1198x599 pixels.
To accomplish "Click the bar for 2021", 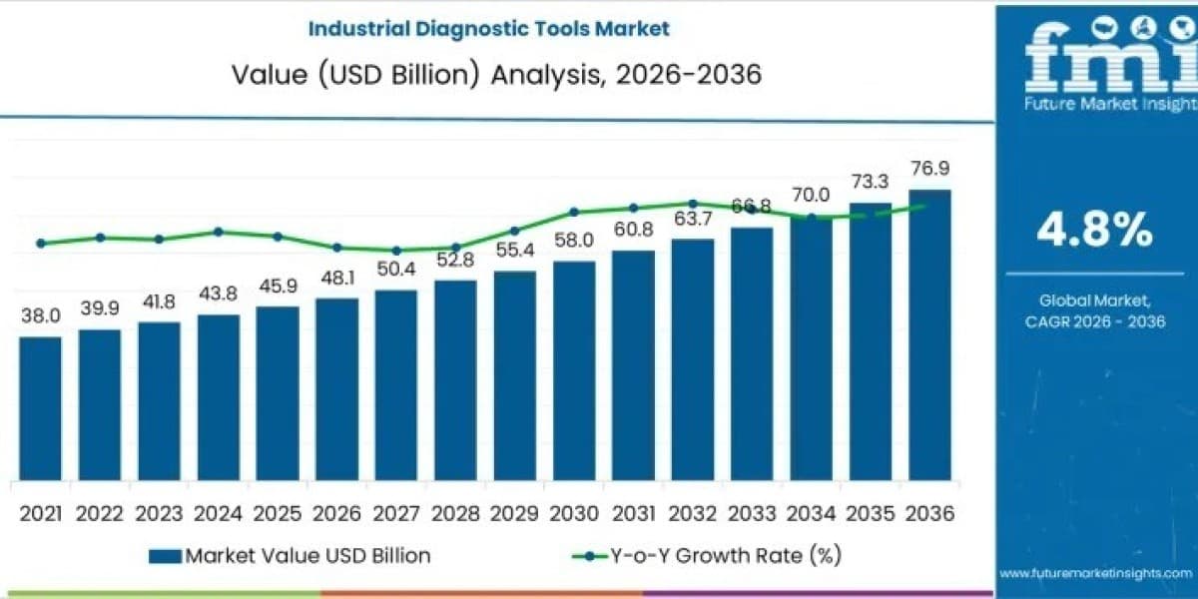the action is tap(41, 408).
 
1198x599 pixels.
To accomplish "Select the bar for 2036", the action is tap(930, 334).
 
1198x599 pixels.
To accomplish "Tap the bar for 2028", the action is tap(455, 380).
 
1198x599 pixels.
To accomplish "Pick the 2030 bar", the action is tap(574, 370).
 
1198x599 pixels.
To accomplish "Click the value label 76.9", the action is tap(930, 169).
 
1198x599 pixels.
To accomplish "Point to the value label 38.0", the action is tap(41, 316).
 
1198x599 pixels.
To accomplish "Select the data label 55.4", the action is tap(515, 250).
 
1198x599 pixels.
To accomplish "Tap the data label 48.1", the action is tap(337, 279).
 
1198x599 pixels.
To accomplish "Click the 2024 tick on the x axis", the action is tap(219, 514).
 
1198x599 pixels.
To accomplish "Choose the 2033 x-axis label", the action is tap(752, 514).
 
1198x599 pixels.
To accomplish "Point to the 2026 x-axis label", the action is tap(337, 514).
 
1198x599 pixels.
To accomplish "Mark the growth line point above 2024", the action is tap(219, 232).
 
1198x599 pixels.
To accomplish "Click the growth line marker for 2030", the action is tap(574, 212).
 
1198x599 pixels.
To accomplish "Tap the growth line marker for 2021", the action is tap(41, 244).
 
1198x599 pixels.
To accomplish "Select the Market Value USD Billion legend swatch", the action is tap(166, 556).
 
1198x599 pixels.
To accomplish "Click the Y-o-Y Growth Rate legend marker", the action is tap(589, 556).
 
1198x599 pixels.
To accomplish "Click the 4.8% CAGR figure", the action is tap(1095, 230).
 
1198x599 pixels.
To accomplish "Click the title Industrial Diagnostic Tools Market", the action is tap(489, 28).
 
